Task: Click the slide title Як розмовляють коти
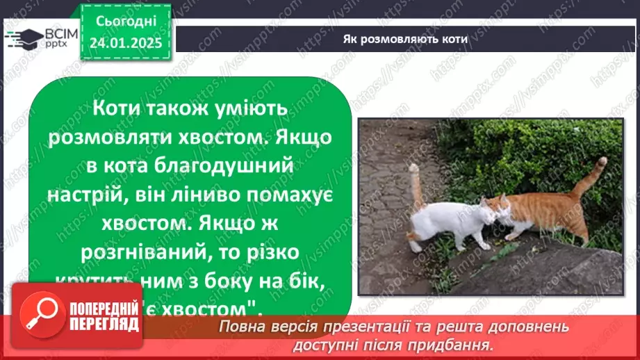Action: pyautogui.click(x=406, y=39)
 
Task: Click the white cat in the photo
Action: pyautogui.click(x=448, y=219)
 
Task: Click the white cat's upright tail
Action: pyautogui.click(x=416, y=185)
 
